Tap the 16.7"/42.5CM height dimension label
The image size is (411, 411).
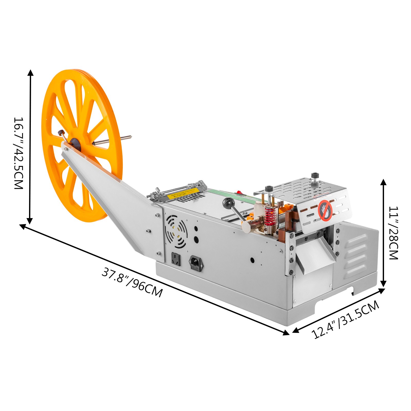coord(18,153)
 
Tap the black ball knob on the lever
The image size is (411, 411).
coord(227,203)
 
